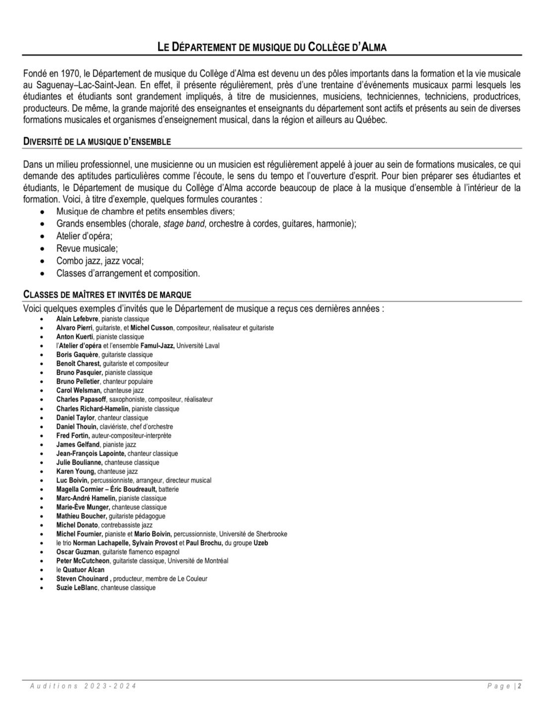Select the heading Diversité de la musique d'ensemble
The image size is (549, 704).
pyautogui.click(x=97, y=142)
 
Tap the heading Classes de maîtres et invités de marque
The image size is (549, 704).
pyautogui.click(x=107, y=295)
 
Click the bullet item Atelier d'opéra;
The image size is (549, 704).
pyautogui.click(x=84, y=236)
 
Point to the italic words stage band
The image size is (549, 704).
pyautogui.click(x=184, y=224)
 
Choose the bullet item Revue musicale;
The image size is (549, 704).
pyautogui.click(x=87, y=248)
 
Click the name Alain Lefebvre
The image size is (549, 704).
pyautogui.click(x=78, y=319)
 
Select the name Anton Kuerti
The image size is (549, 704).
pyautogui.click(x=75, y=337)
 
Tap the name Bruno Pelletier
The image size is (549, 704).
pyautogui.click(x=78, y=382)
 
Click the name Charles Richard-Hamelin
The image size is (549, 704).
pyautogui.click(x=92, y=409)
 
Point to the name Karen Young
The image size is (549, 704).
pyautogui.click(x=76, y=471)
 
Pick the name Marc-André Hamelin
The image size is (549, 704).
pyautogui.click(x=86, y=498)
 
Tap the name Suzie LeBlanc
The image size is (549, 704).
pyautogui.click(x=77, y=588)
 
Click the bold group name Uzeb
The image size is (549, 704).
pyautogui.click(x=261, y=543)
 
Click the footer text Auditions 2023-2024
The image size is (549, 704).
pyautogui.click(x=83, y=686)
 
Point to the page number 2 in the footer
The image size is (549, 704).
pyautogui.click(x=520, y=686)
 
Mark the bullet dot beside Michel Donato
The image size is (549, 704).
pyautogui.click(x=44, y=525)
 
